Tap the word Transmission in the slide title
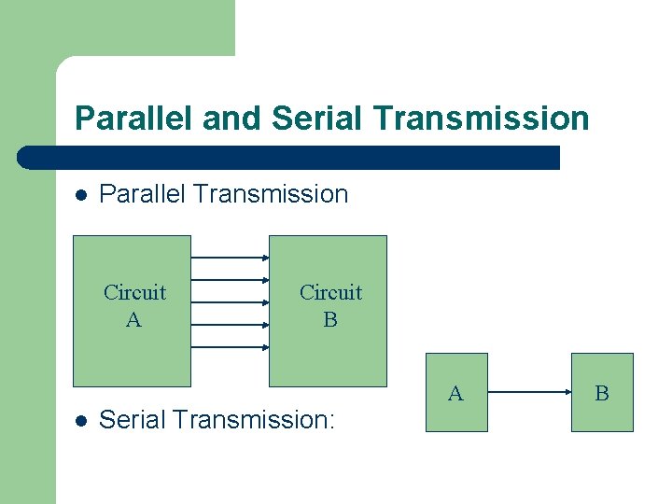[481, 119]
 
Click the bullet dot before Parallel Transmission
[81, 195]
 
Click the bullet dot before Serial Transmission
[81, 421]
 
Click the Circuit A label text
[134, 306]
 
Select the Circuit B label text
[330, 306]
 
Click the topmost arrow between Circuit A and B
[230, 257]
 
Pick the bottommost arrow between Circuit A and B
[230, 348]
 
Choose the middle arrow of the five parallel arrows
[230, 302]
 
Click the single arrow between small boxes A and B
[529, 393]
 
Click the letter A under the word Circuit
[133, 320]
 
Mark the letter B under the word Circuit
[330, 320]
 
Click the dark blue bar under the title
[289, 158]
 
